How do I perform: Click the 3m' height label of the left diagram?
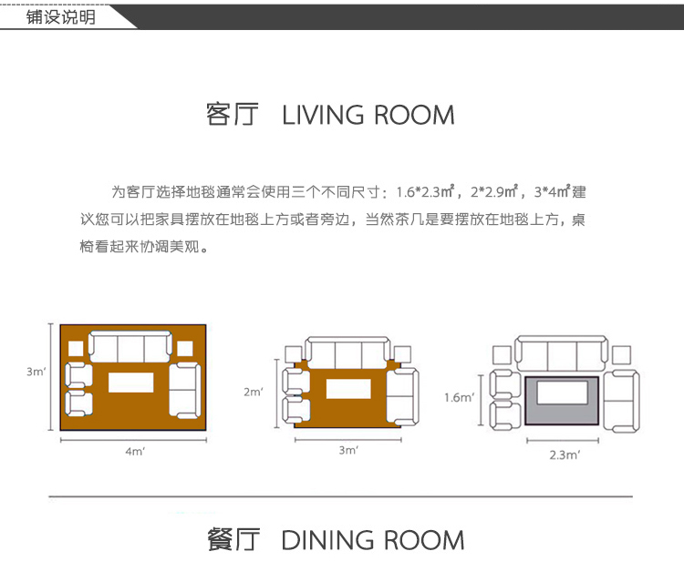click(36, 372)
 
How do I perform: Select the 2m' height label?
click(253, 392)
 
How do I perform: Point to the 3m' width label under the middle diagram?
click(348, 450)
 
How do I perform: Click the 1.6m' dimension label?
click(459, 397)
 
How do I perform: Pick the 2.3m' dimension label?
click(565, 454)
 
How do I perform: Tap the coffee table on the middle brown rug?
click(347, 390)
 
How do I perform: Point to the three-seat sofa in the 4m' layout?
click(130, 347)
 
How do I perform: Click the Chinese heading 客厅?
click(233, 116)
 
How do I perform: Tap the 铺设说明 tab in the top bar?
click(60, 17)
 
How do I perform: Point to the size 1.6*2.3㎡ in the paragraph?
click(425, 192)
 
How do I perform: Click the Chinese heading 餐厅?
click(233, 540)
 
